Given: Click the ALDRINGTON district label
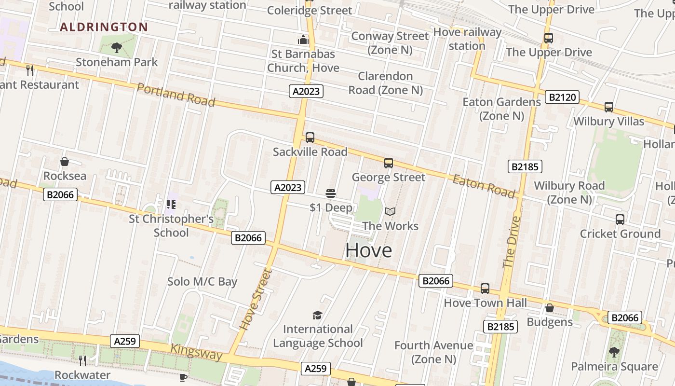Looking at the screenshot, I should point(104,27).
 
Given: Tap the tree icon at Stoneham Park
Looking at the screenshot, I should point(116,47).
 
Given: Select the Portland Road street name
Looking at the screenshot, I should point(176,94).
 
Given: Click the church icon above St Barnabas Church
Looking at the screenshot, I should point(303,39).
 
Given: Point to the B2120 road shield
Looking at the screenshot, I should point(562,97).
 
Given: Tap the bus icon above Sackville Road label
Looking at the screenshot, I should point(310,138).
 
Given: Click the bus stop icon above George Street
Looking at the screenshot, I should point(389,163).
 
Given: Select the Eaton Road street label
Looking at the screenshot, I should point(484,186).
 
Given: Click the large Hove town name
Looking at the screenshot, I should point(369,250).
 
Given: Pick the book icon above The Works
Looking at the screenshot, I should point(390,211).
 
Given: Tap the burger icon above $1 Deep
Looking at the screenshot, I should point(331,193).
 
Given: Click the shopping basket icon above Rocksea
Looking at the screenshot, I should point(65,162).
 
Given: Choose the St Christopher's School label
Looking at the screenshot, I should point(171,225).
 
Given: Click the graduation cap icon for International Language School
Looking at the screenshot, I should point(317,315).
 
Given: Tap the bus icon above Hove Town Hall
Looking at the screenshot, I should point(485,289).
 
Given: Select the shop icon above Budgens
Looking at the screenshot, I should point(550,308).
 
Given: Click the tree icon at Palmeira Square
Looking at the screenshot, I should point(614,352).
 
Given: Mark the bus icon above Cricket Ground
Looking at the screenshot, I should point(620,220).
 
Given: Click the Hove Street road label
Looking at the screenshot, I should point(256,300).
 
